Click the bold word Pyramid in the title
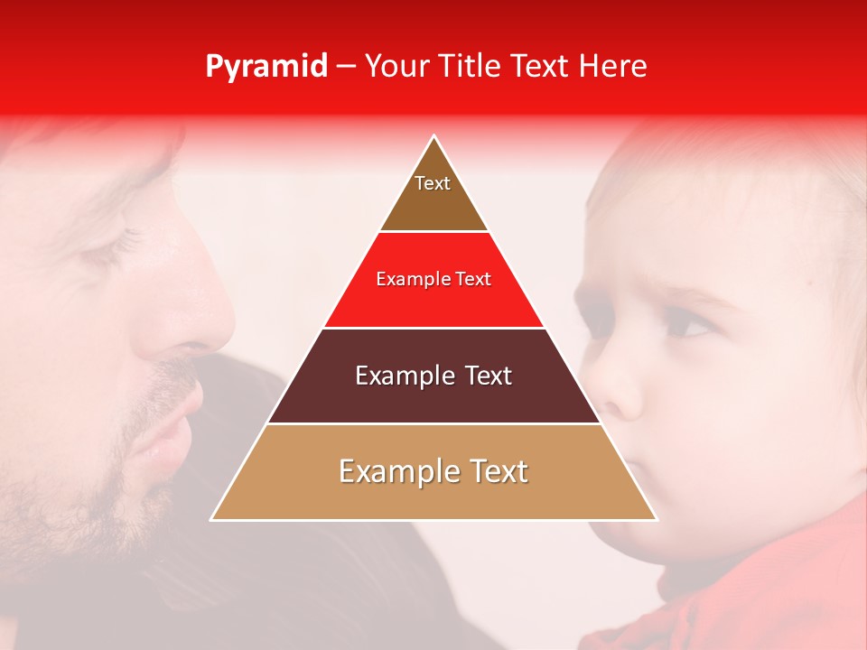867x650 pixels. (266, 67)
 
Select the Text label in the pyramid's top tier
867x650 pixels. (433, 183)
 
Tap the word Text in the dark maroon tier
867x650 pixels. (482, 376)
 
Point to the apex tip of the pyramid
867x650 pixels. (434, 136)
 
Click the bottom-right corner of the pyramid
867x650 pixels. (657, 520)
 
